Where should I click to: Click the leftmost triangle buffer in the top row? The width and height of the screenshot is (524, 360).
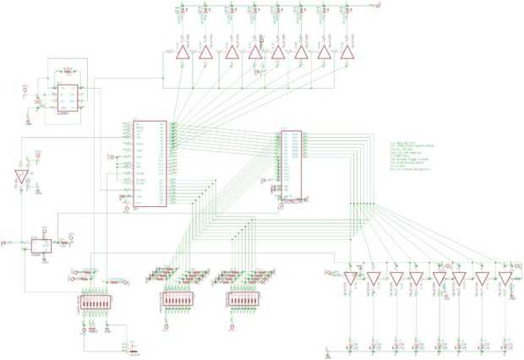point(181,53)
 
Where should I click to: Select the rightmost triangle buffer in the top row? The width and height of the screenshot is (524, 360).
point(346,53)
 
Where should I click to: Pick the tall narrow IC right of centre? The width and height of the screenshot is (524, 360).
point(291,166)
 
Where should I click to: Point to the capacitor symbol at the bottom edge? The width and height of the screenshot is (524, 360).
point(134,346)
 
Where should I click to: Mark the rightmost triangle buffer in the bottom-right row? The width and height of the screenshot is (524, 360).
point(505,278)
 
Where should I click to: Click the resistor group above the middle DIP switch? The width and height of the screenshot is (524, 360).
point(177,275)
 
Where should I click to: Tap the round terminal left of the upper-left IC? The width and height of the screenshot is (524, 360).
point(25,87)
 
